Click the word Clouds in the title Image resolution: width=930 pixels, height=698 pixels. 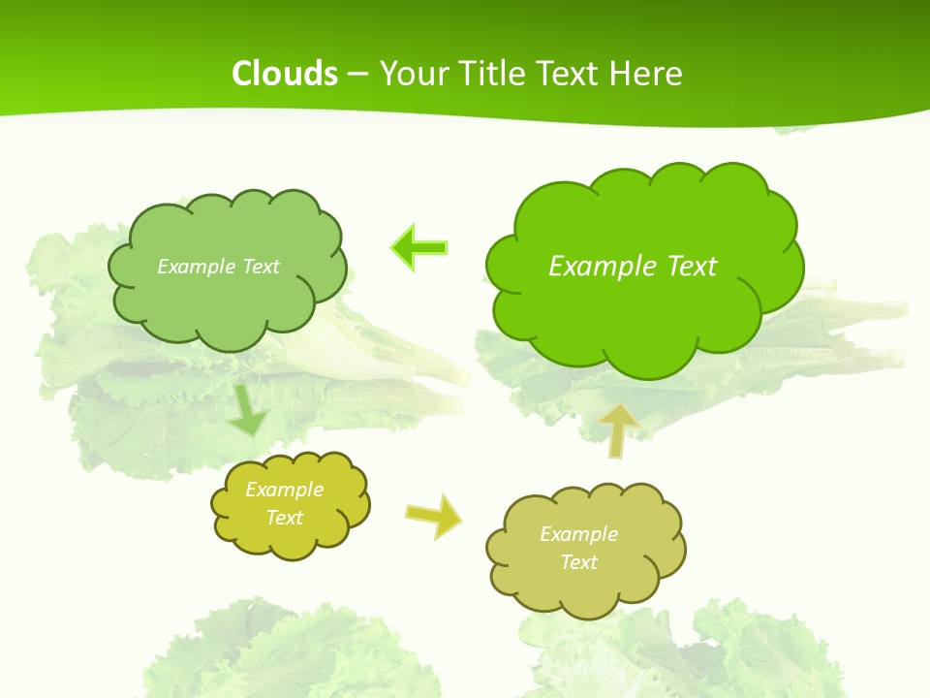pyautogui.click(x=285, y=74)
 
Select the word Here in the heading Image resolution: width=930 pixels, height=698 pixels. pyautogui.click(x=647, y=74)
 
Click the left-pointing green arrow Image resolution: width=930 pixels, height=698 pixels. pyautogui.click(x=419, y=248)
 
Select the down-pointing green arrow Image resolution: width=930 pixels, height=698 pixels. pyautogui.click(x=248, y=411)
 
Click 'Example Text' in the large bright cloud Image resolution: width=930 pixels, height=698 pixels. pyautogui.click(x=633, y=267)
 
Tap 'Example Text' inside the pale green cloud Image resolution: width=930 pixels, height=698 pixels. pyautogui.click(x=218, y=267)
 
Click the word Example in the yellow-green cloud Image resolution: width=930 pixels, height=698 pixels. pyautogui.click(x=284, y=490)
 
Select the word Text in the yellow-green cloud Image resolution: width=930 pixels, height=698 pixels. pyautogui.click(x=284, y=518)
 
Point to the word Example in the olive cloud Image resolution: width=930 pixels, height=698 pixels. pyautogui.click(x=578, y=534)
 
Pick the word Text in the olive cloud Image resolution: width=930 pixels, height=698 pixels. pyautogui.click(x=578, y=562)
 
